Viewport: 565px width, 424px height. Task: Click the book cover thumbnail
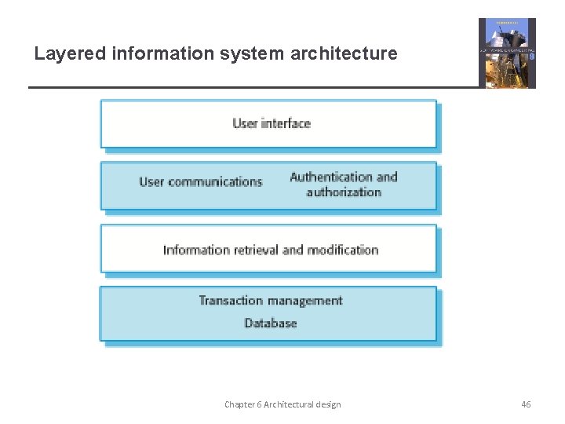508,53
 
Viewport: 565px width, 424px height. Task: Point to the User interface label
272,123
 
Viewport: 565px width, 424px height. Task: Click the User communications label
200,182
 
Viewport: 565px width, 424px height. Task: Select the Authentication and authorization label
344,185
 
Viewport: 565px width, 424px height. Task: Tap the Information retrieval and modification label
271,250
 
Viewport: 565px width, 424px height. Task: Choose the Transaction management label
271,301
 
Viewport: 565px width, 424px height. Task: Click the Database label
271,323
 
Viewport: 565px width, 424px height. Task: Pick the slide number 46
526,404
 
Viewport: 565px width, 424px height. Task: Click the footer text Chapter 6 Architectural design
282,404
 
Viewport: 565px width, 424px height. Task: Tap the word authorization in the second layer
344,192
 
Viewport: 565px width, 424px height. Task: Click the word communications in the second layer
214,182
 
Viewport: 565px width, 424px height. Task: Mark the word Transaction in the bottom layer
231,301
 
